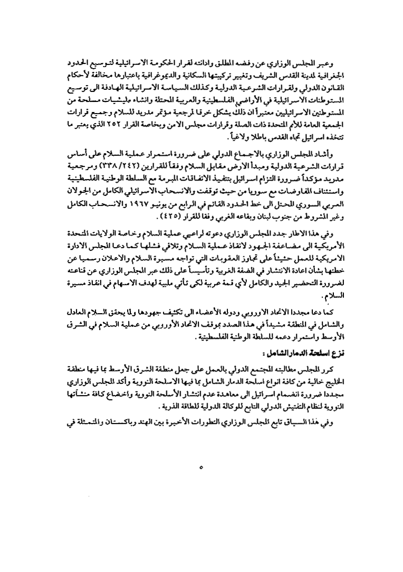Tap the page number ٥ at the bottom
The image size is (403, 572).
(201, 467)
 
